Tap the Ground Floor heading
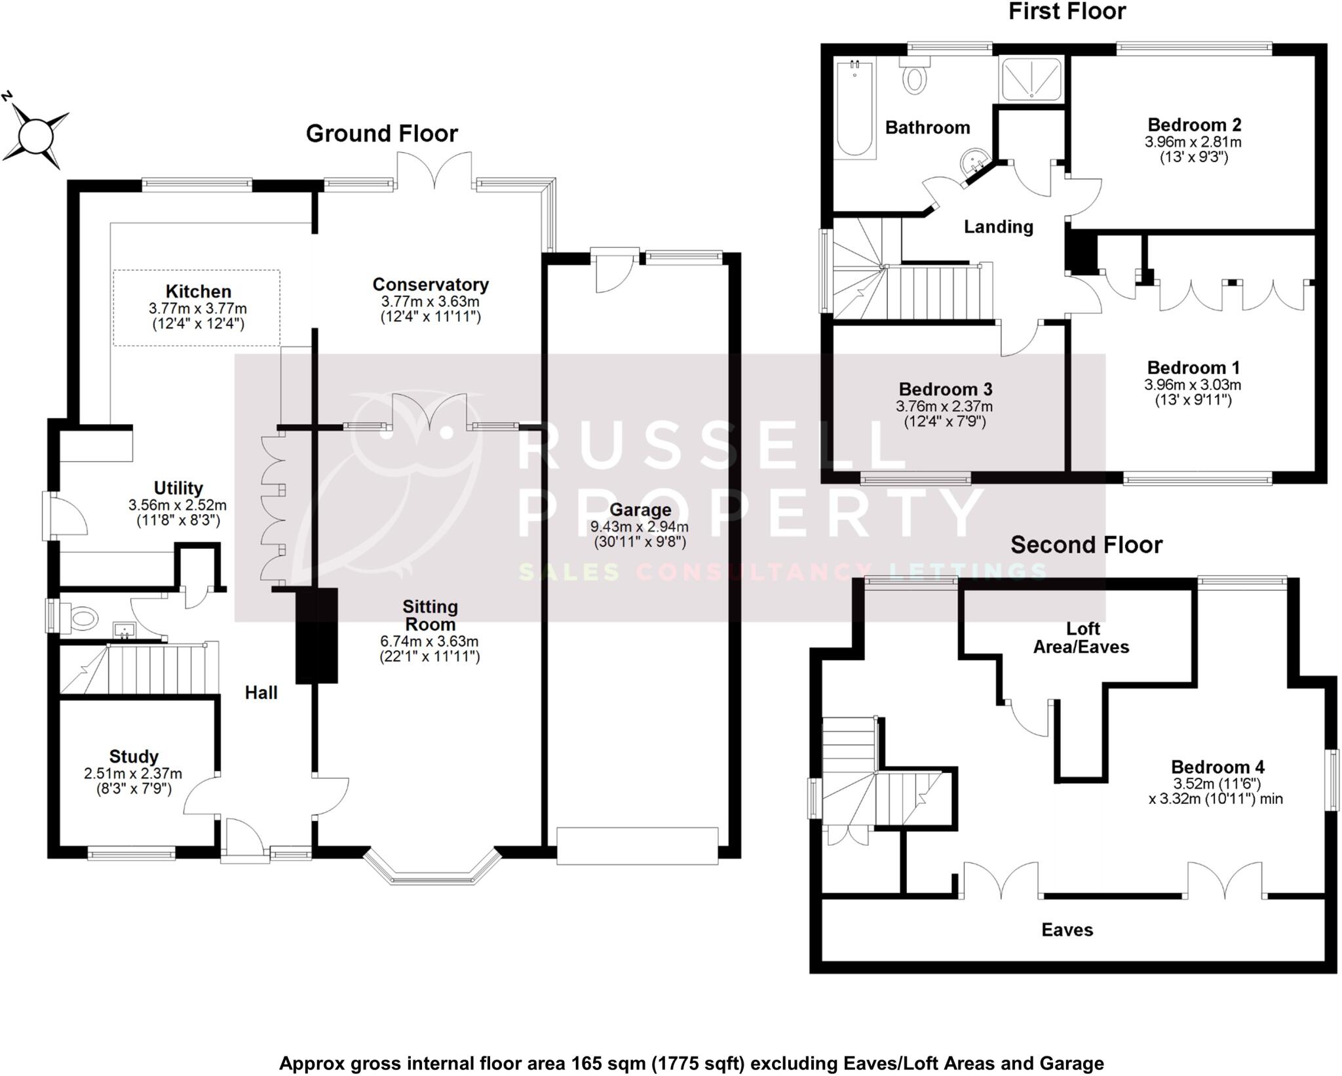point(381,134)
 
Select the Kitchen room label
point(198,291)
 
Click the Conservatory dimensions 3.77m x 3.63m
point(431,302)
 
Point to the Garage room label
point(640,509)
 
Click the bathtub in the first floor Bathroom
point(856,108)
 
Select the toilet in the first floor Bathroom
point(914,78)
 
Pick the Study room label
point(134,756)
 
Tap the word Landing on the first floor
point(998,227)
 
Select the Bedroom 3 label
point(945,389)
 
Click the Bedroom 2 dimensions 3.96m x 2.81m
point(1193,142)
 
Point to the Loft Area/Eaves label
point(1081,638)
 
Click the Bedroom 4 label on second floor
point(1217,767)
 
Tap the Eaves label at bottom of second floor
point(1067,930)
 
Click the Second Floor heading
point(1086,545)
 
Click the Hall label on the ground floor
point(261,692)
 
